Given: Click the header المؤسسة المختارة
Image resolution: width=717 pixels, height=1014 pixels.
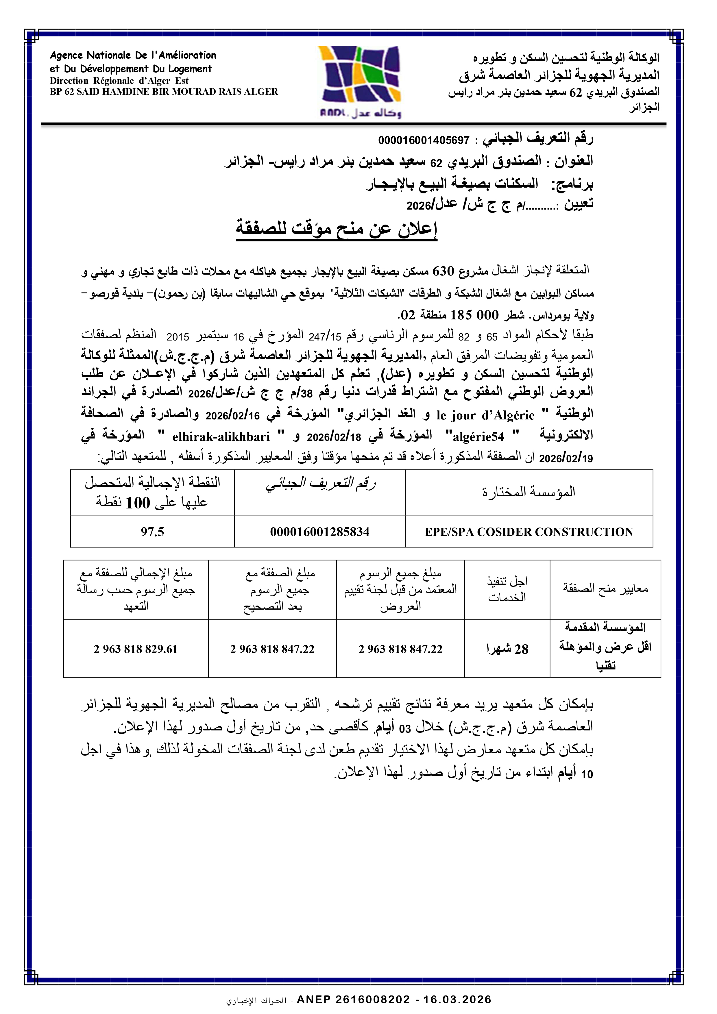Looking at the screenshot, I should (528, 492).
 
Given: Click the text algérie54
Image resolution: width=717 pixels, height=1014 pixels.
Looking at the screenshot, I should (478, 437).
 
